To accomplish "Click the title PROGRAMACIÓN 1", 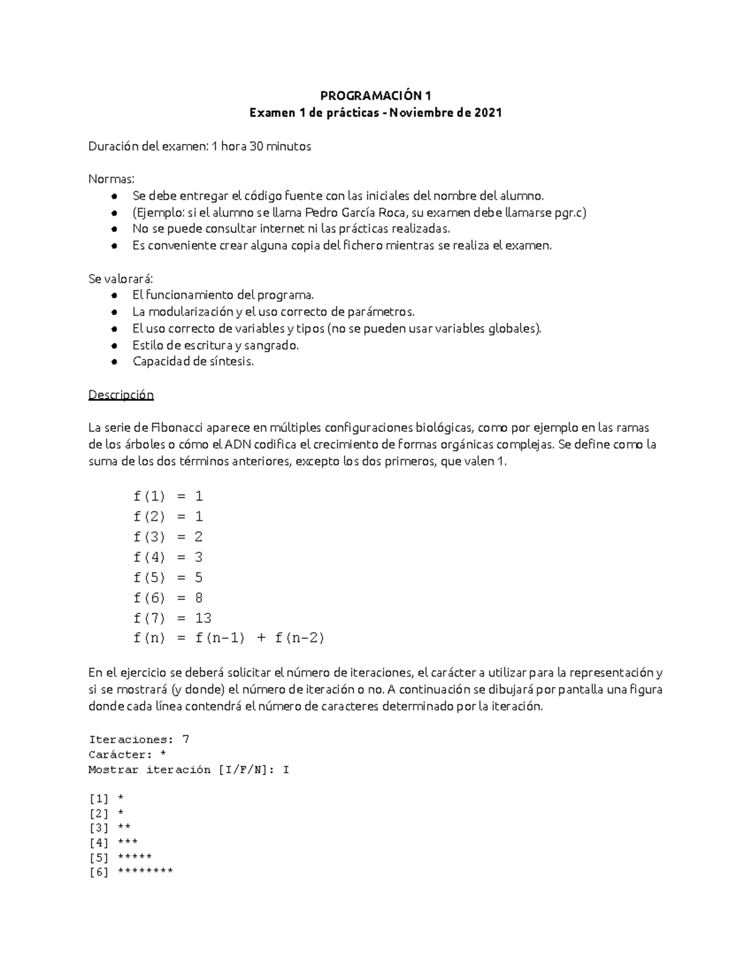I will (x=375, y=96).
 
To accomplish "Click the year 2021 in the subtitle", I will (x=488, y=113).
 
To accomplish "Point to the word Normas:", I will (x=112, y=179).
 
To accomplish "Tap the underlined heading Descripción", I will (x=121, y=395).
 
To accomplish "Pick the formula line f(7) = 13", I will (x=172, y=618).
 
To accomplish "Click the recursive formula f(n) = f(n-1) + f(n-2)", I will (x=228, y=638).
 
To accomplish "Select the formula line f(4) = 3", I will (x=168, y=557).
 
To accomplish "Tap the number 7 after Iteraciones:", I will (x=185, y=739).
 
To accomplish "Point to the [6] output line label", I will (x=99, y=872).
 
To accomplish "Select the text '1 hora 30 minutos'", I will (x=261, y=146).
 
